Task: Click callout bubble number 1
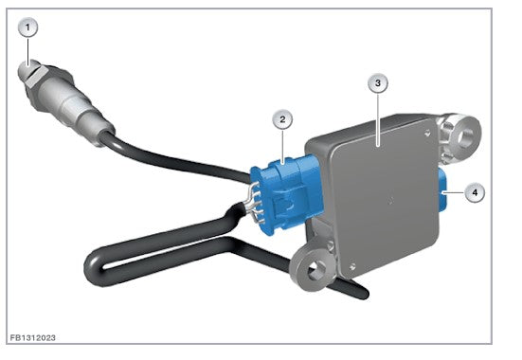pyautogui.click(x=27, y=27)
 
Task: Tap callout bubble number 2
pyautogui.click(x=282, y=119)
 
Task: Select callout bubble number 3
pyautogui.click(x=378, y=83)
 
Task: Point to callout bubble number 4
pyautogui.click(x=475, y=192)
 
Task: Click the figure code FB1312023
pyautogui.click(x=32, y=337)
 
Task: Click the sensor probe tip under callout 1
pyautogui.click(x=24, y=68)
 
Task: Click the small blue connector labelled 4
pyautogui.click(x=443, y=191)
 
